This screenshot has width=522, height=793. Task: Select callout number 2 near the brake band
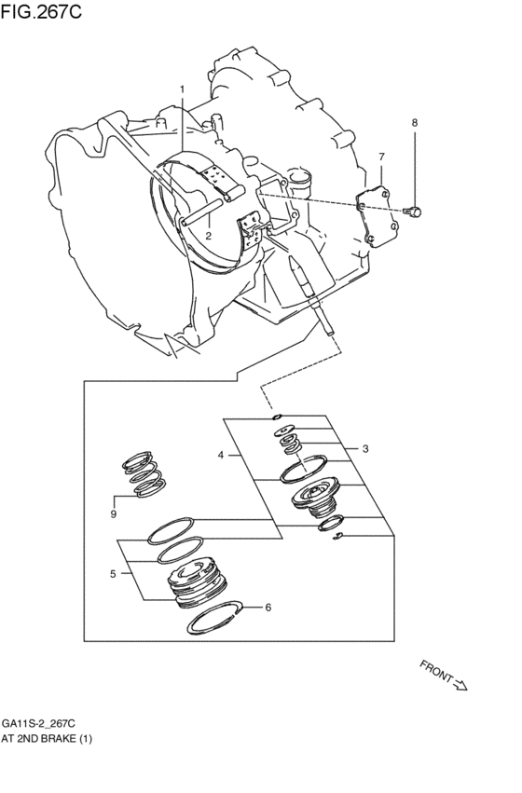[209, 236]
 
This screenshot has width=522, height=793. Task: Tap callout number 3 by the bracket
[365, 448]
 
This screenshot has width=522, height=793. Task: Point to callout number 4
[221, 456]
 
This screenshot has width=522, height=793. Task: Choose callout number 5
[113, 574]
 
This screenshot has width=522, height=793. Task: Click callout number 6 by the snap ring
[268, 608]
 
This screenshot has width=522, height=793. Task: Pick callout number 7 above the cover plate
[380, 156]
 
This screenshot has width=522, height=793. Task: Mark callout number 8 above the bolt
[415, 122]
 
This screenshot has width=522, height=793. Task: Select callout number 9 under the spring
[113, 513]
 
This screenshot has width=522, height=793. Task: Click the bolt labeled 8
[415, 212]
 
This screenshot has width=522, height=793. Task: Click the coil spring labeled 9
[142, 471]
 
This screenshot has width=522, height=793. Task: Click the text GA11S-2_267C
[38, 723]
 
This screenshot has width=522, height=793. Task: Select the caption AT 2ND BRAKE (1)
[46, 738]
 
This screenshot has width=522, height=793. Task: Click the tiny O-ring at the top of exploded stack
[277, 417]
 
